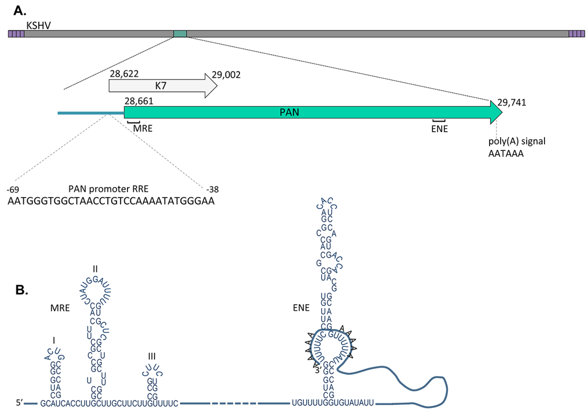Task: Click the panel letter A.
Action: coord(19,11)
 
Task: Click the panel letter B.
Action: coord(22,290)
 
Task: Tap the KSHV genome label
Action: coord(38,25)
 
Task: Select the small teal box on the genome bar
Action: coord(180,34)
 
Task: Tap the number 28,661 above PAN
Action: coord(139,101)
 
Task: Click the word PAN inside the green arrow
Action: coord(289,112)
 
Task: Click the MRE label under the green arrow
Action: coord(143,128)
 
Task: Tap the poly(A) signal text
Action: coord(517,141)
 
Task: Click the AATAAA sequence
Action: coord(506,153)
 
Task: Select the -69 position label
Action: coord(13,190)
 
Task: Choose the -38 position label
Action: coord(212,189)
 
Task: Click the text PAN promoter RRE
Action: coord(108,189)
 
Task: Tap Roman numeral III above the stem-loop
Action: coord(152,356)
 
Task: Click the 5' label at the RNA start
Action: coord(19,403)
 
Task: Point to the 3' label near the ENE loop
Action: coord(318,370)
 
